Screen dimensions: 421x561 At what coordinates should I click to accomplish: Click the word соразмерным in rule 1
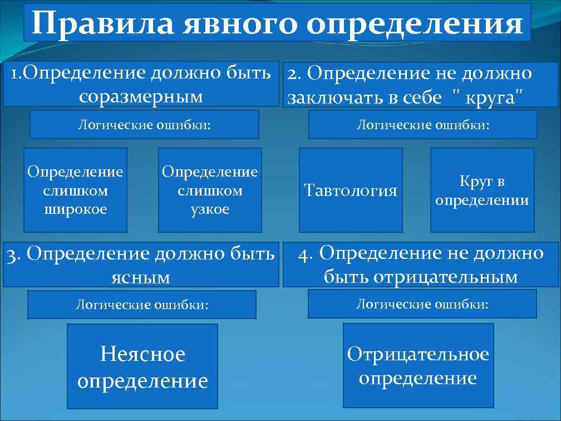point(141,96)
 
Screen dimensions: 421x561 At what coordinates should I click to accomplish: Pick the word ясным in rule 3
point(141,277)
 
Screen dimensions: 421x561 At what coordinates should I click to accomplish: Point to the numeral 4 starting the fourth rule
point(303,253)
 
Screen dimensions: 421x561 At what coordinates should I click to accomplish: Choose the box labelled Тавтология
point(351,190)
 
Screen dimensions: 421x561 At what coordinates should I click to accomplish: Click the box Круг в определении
point(482,190)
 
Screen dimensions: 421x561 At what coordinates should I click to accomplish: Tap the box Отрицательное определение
point(418,366)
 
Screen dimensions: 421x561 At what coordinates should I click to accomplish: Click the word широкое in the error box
point(75,209)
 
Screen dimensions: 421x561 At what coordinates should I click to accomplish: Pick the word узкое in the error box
point(210,209)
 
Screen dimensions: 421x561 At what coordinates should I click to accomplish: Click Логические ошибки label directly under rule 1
point(144,124)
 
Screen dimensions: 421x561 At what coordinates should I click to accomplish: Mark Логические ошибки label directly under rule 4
point(422,304)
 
